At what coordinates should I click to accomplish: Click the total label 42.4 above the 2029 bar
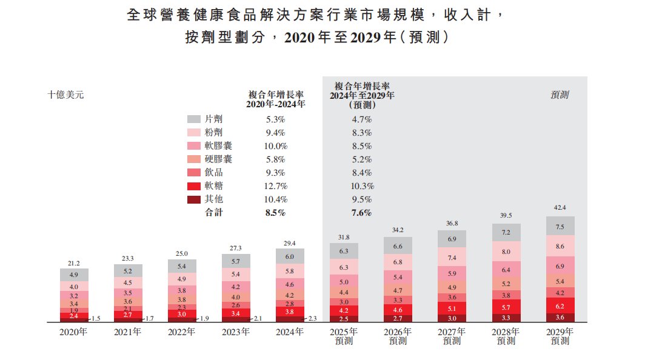[x=560, y=208]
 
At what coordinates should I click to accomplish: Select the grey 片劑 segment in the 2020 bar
[x=74, y=275]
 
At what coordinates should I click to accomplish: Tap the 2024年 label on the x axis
[x=290, y=332]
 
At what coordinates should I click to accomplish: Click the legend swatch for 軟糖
[x=194, y=186]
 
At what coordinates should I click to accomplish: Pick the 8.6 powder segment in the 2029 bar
[x=560, y=246]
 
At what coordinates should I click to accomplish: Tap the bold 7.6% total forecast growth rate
[x=361, y=213]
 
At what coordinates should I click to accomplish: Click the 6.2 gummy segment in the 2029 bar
[x=560, y=307]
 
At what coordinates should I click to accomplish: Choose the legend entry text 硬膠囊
[x=218, y=159]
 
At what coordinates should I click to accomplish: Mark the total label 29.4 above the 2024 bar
[x=290, y=243]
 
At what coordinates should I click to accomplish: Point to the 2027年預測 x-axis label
[x=452, y=336]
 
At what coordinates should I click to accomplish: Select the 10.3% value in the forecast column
[x=361, y=186]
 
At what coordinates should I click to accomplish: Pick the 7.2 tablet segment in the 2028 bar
[x=506, y=233]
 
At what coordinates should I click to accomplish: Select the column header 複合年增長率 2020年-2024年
[x=275, y=99]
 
